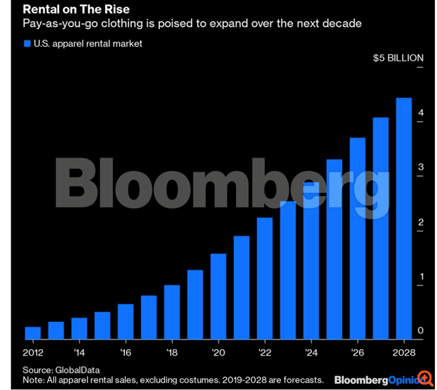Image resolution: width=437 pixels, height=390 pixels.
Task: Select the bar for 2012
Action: [33, 333]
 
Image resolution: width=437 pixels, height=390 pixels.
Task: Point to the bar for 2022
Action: [265, 278]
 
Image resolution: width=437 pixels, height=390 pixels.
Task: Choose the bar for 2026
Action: [357, 238]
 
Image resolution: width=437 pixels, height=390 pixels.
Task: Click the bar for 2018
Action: [172, 312]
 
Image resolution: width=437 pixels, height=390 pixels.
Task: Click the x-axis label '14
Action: [79, 352]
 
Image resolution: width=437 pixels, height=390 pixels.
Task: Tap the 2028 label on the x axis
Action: [403, 352]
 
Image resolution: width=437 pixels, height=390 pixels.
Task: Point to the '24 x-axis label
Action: [311, 352]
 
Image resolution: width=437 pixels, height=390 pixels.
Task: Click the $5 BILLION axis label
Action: [398, 58]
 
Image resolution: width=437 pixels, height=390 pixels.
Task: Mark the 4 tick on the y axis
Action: [420, 112]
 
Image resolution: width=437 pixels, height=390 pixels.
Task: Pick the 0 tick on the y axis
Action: [420, 331]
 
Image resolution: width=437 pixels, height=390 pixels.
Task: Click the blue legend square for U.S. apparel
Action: [28, 44]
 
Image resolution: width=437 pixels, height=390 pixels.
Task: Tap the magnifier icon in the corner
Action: [424, 378]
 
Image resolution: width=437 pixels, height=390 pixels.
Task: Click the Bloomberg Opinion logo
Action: [373, 379]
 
